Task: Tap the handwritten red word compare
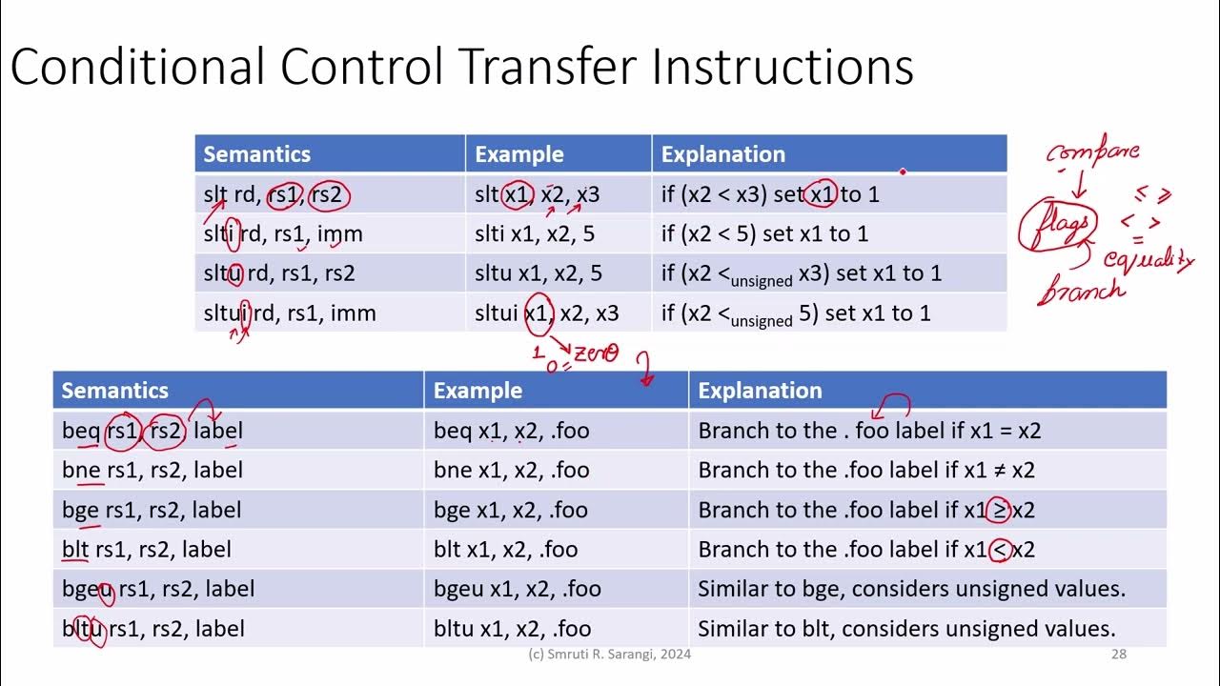point(1092,152)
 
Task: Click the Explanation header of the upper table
point(722,154)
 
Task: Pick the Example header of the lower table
point(478,391)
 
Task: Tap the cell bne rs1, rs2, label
point(152,470)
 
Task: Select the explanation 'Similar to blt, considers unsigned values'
point(906,629)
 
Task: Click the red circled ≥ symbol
point(999,510)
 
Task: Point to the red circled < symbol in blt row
point(999,550)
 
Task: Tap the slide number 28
point(1119,655)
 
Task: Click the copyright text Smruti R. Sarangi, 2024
point(609,655)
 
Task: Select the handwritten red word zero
point(596,355)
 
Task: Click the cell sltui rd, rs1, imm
point(290,313)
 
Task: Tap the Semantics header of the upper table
point(256,154)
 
